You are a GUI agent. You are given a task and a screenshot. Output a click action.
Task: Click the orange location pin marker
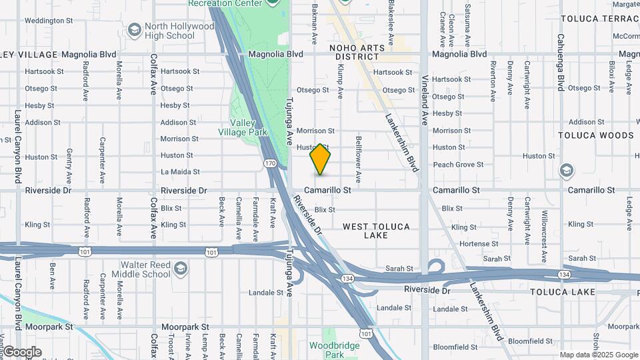coord(321,159)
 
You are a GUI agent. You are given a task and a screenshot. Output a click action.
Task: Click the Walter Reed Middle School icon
coord(180,269)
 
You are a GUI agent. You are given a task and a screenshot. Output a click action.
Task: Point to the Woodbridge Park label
coord(334,350)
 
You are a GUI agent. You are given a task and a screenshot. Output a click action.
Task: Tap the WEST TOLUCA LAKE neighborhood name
coord(376,231)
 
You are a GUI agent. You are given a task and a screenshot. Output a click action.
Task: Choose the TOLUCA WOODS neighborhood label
coord(595,135)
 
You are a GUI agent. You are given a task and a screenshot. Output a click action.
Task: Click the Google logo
coord(22,352)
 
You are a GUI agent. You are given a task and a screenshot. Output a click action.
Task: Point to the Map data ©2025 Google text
coord(598,355)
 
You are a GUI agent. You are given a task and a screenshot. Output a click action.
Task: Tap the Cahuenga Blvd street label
coord(561,63)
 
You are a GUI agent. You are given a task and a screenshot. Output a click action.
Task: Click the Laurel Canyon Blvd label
coord(17,147)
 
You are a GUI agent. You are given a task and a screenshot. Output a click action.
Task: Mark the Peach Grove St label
coord(458,165)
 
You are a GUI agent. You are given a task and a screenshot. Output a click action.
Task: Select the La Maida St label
coord(177,172)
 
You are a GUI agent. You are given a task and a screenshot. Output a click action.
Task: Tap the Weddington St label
coord(47,21)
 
